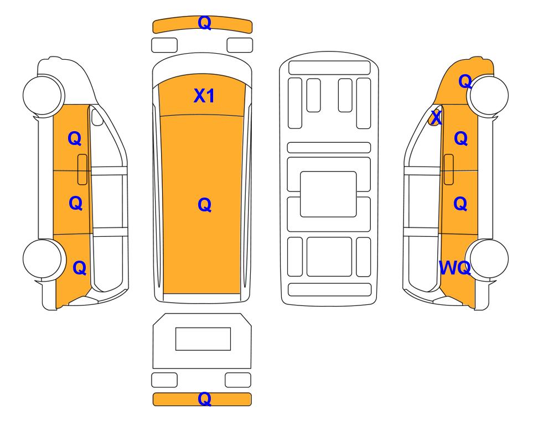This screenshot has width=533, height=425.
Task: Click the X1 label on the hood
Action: coord(204,96)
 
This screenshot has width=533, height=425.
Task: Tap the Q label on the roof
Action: coord(205,205)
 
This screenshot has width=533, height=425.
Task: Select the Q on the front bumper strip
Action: coord(205,23)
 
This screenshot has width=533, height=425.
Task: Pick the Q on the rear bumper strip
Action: coord(205,399)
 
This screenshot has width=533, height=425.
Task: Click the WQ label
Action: coord(455,268)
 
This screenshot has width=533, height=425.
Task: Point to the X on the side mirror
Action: coord(436,118)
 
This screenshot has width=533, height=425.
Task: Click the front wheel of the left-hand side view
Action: coord(44,95)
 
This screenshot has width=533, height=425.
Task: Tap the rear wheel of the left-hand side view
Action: coord(44,259)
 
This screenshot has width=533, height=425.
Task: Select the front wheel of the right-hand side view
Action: coord(488,95)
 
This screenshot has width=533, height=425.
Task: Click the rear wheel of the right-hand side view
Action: coord(488,259)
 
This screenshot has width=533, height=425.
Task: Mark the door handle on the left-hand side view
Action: coord(82,169)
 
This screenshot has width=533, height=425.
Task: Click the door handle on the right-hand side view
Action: coord(449,169)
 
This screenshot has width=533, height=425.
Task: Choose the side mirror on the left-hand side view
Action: coord(97,117)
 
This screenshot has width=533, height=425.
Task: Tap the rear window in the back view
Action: coord(203,339)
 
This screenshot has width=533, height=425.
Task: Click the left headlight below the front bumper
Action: coord(164,45)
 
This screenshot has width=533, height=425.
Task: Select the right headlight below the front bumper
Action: coord(240,45)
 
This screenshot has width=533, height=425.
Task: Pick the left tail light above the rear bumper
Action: coord(164,380)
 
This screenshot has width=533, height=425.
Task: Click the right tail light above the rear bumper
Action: coord(238,380)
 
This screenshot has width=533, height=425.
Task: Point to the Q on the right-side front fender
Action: coord(465,81)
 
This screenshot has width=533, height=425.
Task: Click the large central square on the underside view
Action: coord(328,194)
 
